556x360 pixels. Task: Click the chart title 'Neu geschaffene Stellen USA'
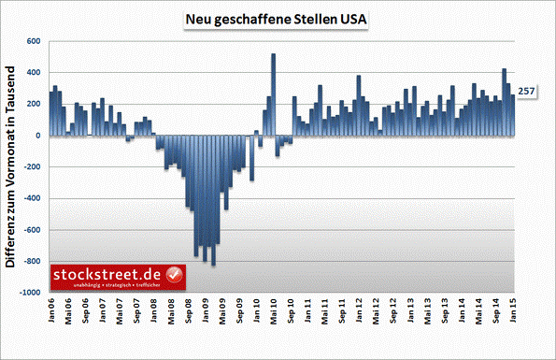(x=278, y=20)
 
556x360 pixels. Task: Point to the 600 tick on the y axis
(x=34, y=41)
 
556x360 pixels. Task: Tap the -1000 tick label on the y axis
(x=30, y=293)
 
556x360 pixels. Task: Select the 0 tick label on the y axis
(x=38, y=136)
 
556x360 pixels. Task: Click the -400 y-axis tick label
(x=32, y=198)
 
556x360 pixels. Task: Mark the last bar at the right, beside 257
(x=512, y=116)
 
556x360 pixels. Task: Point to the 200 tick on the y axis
(x=34, y=104)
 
